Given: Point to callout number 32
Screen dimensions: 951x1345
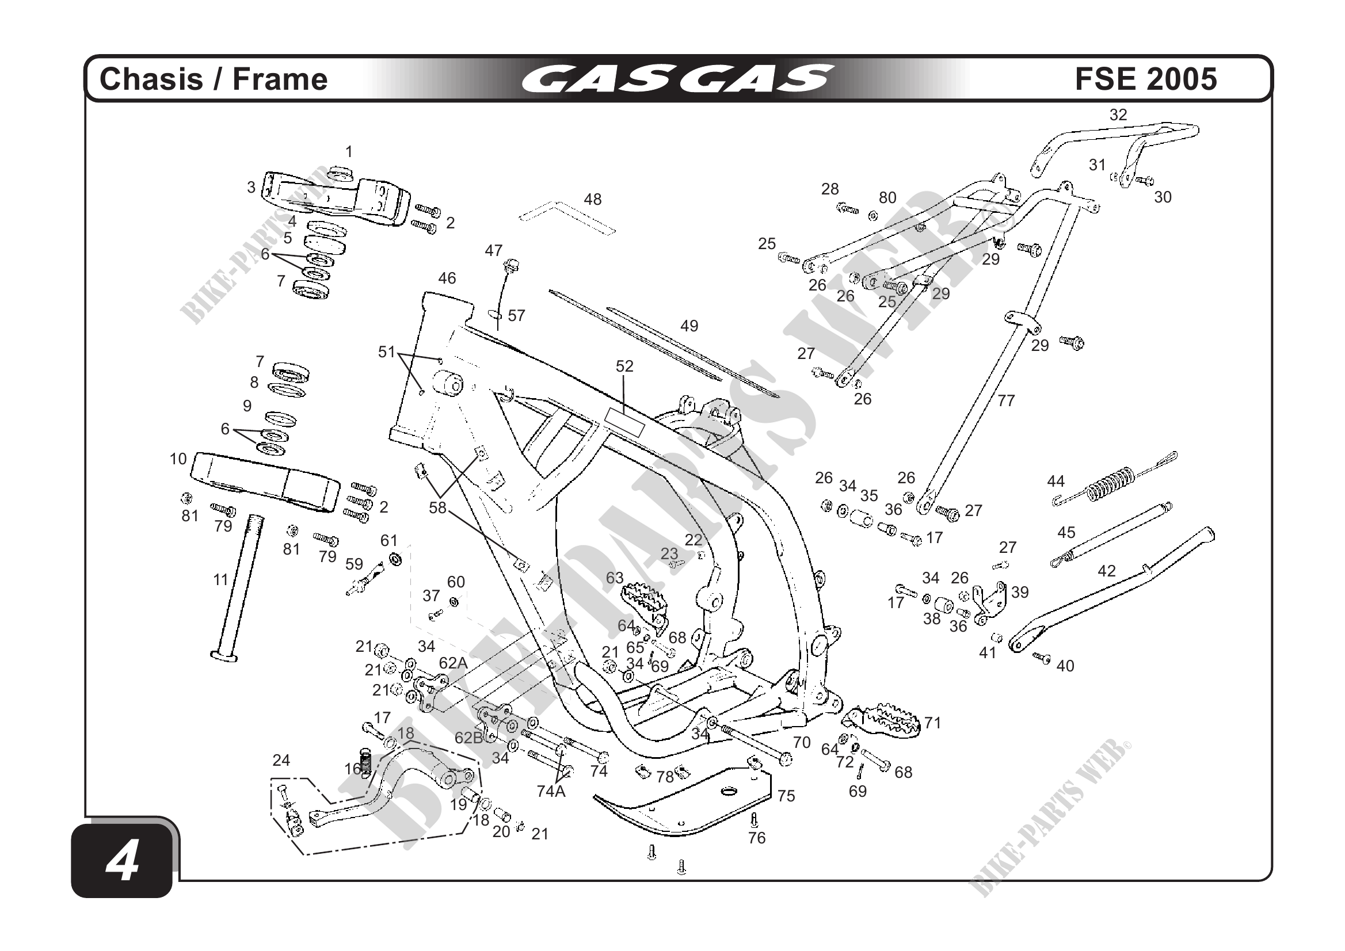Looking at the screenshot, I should point(1118,115).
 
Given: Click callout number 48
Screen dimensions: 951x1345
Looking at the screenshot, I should point(592,200).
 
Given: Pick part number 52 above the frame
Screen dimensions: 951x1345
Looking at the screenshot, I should point(624,366).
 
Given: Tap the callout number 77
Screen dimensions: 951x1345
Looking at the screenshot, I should point(1006,400).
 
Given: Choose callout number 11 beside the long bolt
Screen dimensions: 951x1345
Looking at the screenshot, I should point(220,580).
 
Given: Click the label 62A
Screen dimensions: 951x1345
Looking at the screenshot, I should point(454,663).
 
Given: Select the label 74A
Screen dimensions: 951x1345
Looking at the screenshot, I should point(551,791).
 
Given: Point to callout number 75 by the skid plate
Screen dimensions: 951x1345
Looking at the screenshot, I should point(786,796).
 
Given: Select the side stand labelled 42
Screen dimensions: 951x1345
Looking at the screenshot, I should point(1113,591).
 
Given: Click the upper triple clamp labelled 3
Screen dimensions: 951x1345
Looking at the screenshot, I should point(334,196).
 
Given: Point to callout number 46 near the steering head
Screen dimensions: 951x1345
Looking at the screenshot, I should point(447,278).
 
